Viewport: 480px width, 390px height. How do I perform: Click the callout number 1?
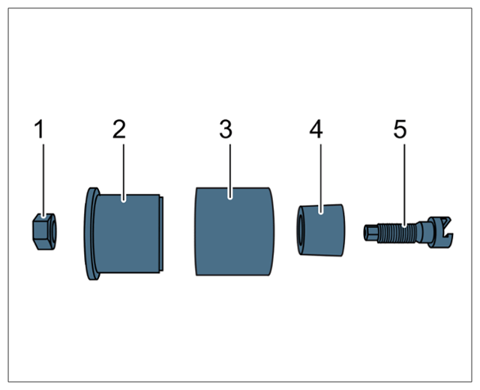[x=40, y=129]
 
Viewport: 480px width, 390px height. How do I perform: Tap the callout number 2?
[x=119, y=129]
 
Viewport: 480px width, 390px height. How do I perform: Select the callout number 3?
[x=226, y=129]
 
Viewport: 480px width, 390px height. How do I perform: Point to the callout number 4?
[x=316, y=129]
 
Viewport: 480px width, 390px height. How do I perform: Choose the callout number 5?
[x=400, y=129]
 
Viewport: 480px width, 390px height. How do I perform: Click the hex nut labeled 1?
[x=44, y=232]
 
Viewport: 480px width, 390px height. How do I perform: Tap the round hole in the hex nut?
[x=54, y=232]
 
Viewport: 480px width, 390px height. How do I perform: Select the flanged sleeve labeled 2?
[x=123, y=233]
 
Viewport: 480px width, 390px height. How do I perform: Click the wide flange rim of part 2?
[x=91, y=233]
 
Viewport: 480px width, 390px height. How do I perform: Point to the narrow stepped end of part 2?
[x=161, y=233]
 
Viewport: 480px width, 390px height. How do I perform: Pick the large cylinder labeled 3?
[x=234, y=232]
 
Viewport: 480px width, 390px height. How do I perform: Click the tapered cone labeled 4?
[x=321, y=230]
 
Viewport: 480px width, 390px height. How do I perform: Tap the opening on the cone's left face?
[x=300, y=230]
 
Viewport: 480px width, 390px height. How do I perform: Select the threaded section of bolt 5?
[x=397, y=233]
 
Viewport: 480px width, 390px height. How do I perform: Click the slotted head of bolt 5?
[x=440, y=232]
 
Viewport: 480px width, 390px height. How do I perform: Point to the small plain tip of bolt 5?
[x=370, y=232]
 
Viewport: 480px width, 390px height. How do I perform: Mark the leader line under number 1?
[x=43, y=181]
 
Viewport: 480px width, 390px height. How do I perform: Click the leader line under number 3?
[x=230, y=172]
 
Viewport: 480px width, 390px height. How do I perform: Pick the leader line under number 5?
[x=404, y=185]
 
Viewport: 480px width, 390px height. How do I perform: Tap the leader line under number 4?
[x=320, y=178]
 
